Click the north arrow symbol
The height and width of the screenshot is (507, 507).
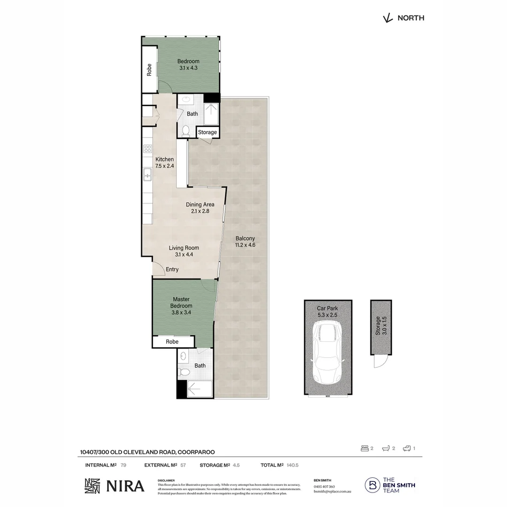point(387,18)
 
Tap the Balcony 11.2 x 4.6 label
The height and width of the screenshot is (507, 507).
point(245,241)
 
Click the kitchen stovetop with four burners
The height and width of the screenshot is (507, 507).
point(147,149)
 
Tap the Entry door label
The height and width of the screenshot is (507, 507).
point(172,269)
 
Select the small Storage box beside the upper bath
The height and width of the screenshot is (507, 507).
point(207,132)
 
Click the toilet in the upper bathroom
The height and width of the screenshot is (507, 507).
point(185,131)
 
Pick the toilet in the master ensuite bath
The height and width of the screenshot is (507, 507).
point(184,372)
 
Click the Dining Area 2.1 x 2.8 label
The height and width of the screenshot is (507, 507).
point(200,207)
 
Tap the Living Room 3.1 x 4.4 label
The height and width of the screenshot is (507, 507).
point(184,251)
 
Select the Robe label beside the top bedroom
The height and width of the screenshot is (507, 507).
point(149,69)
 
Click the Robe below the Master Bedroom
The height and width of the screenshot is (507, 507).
point(172,342)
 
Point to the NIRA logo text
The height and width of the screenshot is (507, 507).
point(125,486)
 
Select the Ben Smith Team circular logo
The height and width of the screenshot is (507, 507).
point(373,485)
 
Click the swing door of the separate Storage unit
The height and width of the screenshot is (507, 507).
point(380,362)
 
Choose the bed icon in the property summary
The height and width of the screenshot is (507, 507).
point(364,448)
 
